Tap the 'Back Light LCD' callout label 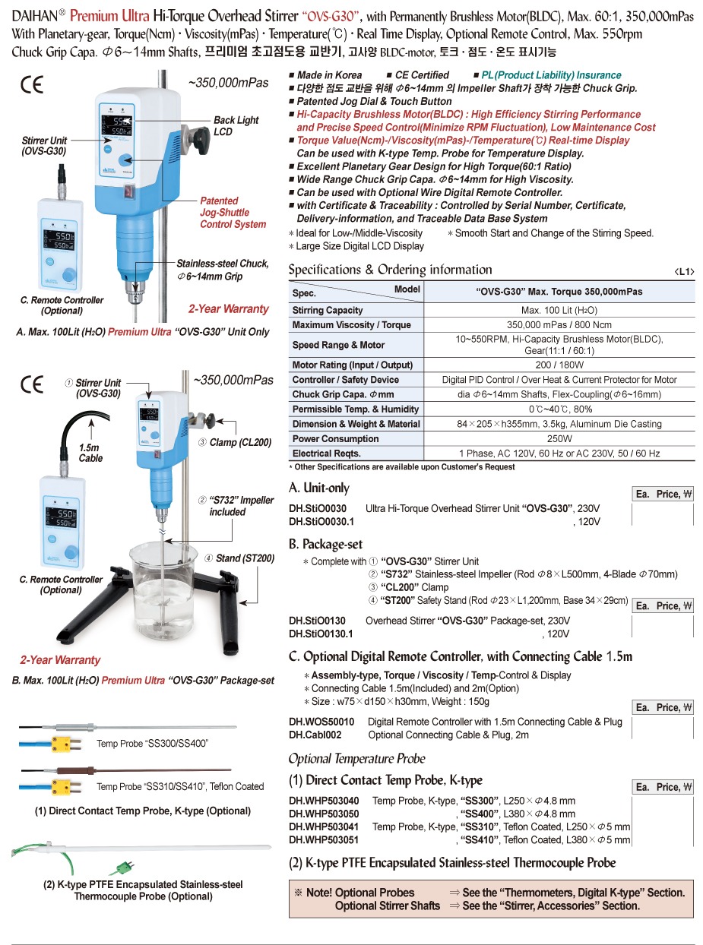(236, 125)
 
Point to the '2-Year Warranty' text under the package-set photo (60, 660)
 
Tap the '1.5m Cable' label (90, 454)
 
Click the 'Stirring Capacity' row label (328, 310)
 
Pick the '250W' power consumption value (559, 438)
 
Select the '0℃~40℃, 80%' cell (559, 409)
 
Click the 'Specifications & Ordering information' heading (390, 270)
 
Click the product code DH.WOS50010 (321, 722)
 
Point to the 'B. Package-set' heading (326, 544)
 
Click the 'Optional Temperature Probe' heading (356, 758)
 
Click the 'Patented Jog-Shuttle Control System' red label (233, 213)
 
